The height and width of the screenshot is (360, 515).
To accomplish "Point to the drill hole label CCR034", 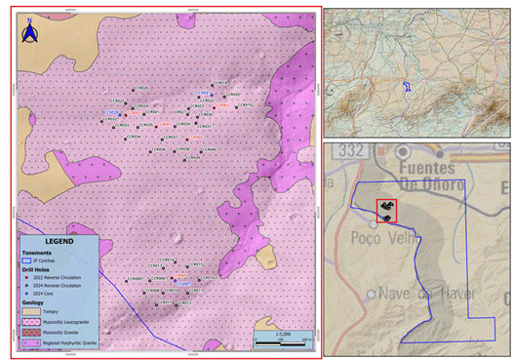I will click(135, 136).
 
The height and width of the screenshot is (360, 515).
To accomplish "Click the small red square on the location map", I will click(386, 211).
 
